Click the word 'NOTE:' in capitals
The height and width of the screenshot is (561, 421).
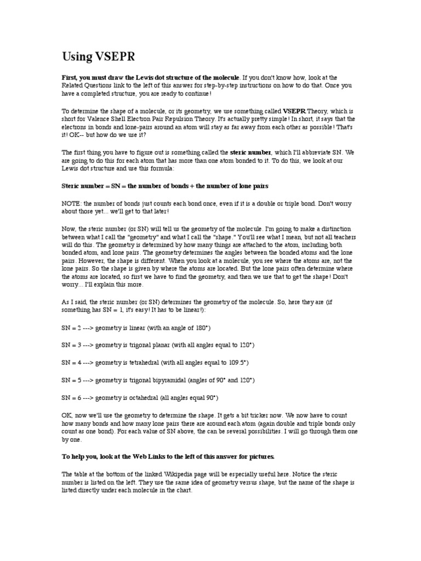[70, 203]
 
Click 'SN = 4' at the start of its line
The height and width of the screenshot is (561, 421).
[72, 362]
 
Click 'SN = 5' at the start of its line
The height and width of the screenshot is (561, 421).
[72, 380]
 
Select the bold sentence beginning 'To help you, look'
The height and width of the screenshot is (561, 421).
[168, 456]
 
